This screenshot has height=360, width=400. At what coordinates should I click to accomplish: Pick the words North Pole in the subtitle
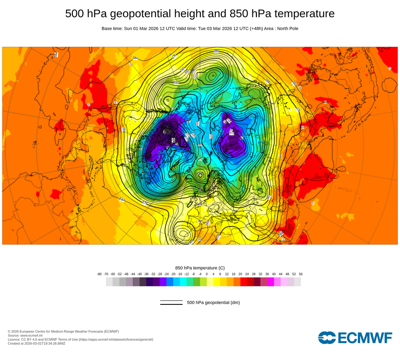(x=288, y=28)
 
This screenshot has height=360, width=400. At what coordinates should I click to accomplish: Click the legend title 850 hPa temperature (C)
(x=200, y=268)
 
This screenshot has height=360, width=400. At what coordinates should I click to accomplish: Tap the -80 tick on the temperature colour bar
(x=99, y=274)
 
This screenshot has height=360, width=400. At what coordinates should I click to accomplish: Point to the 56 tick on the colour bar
(x=300, y=274)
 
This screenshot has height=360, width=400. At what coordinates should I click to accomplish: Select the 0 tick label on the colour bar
(x=207, y=274)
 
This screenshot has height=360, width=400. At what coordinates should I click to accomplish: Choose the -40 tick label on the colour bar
(x=140, y=274)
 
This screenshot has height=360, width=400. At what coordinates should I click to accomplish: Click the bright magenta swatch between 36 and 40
(x=270, y=282)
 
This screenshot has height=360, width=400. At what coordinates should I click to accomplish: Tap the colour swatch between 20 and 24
(x=244, y=282)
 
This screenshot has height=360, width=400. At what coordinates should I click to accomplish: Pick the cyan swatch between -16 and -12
(x=183, y=282)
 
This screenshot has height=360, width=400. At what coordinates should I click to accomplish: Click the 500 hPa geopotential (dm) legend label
(x=213, y=302)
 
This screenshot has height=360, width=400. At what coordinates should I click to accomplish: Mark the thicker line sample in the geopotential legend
(x=171, y=304)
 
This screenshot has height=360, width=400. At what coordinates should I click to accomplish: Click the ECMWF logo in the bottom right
(x=355, y=338)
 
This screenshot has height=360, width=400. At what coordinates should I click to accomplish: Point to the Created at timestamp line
(x=36, y=343)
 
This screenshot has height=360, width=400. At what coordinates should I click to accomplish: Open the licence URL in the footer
(x=116, y=339)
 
